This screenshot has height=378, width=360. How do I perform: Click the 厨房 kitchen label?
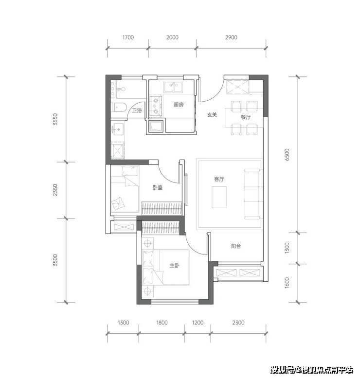pos(179,105)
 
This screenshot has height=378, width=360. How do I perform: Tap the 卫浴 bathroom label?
pos(137,110)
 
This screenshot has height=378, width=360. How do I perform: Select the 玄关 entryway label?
pos(212,115)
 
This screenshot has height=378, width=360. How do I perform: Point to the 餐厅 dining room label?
pos(246,117)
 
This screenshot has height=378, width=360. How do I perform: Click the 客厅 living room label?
pos(219,179)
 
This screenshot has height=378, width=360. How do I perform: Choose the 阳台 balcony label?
pos(236,246)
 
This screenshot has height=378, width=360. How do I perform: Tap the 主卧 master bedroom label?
pos(174,266)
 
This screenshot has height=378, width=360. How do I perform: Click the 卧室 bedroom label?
pos(158,187)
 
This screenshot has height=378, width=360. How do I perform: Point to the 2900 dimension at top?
pos(231,37)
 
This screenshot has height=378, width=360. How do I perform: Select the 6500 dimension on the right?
pos(287,155)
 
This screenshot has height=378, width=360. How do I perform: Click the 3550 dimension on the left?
pos(55,119)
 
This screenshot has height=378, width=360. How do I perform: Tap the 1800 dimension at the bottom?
pos(162,323)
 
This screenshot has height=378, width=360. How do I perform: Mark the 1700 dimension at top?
pos(128,37)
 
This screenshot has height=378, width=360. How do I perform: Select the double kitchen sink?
pos(173,87)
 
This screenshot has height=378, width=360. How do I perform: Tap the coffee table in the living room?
pos(219,197)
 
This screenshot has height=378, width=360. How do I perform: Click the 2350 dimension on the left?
pos(55,190)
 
